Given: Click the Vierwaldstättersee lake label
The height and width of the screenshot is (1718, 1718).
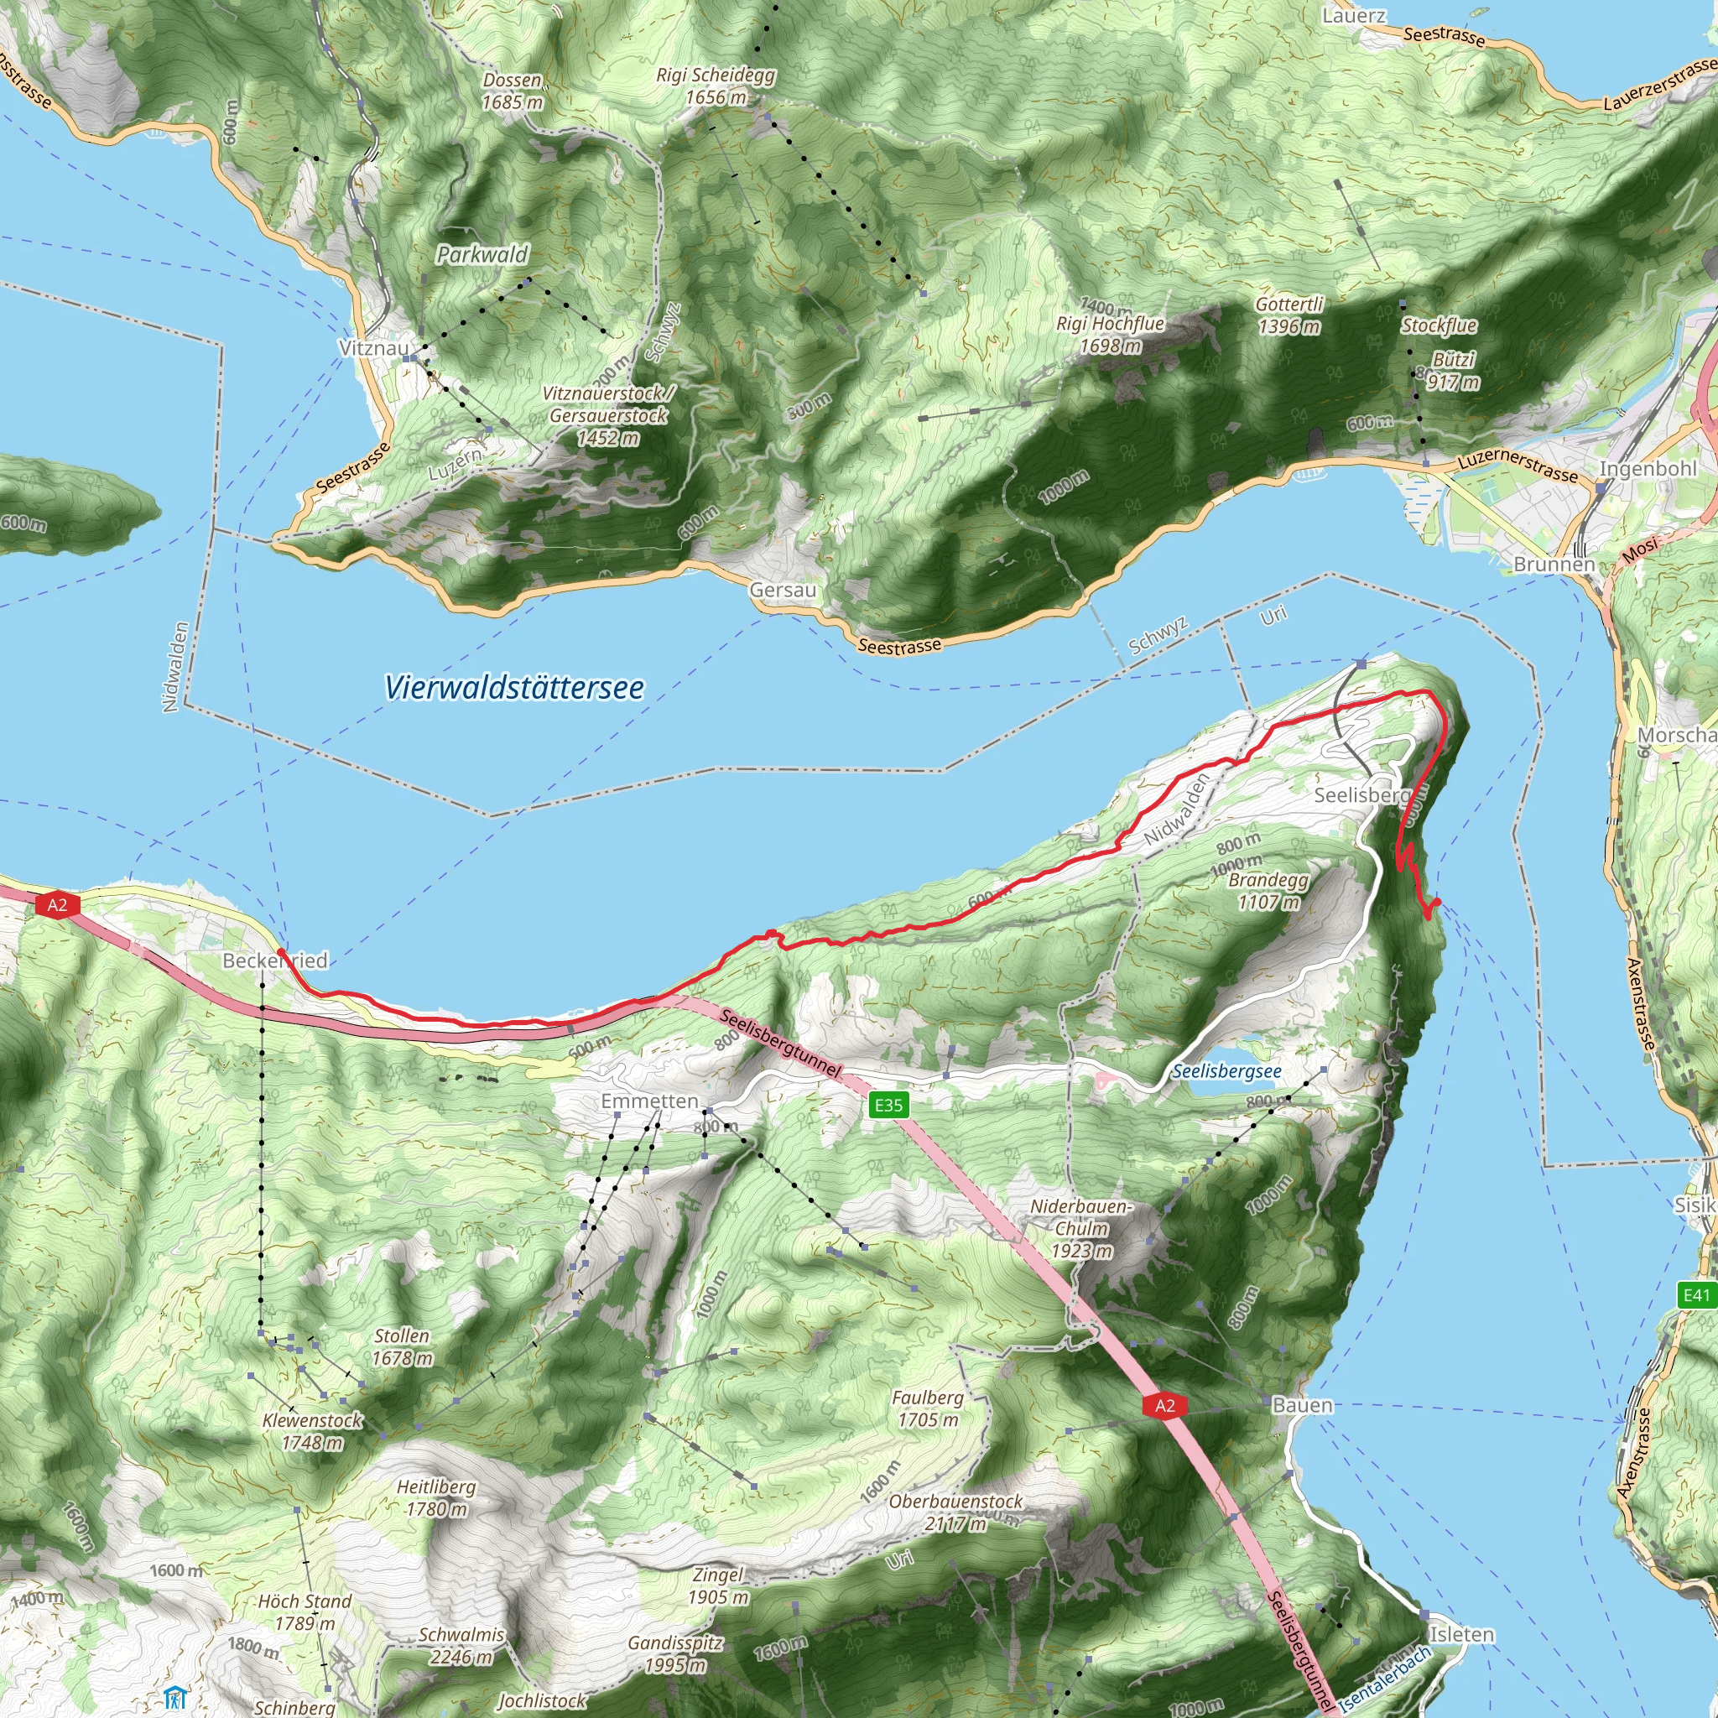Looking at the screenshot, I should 514,687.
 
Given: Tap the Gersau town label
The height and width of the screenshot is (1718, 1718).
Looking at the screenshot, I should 783,591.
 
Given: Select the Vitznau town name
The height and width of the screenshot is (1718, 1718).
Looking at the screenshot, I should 373,347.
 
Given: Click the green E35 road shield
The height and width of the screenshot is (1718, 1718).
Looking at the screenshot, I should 888,1106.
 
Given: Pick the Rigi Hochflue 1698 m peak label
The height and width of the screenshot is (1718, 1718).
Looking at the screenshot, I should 1111,335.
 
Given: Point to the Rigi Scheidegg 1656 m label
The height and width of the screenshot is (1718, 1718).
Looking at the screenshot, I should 716,86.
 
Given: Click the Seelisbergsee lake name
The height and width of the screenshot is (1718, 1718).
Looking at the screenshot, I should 1226,1071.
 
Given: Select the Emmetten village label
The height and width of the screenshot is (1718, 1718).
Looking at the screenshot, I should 649,1101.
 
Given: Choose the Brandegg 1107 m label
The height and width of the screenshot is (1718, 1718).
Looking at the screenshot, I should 1268,891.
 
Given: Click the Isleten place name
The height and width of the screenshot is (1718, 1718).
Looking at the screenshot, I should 1462,1634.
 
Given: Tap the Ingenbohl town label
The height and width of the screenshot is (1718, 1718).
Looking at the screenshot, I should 1648,469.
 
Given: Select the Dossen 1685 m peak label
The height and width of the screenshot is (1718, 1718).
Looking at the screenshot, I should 513,91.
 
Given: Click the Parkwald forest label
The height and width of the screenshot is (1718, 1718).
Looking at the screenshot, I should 482,255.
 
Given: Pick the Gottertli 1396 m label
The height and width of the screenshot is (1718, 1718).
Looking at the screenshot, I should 1289,315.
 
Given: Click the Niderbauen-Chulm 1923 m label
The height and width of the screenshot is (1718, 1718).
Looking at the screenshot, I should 1081,1229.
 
